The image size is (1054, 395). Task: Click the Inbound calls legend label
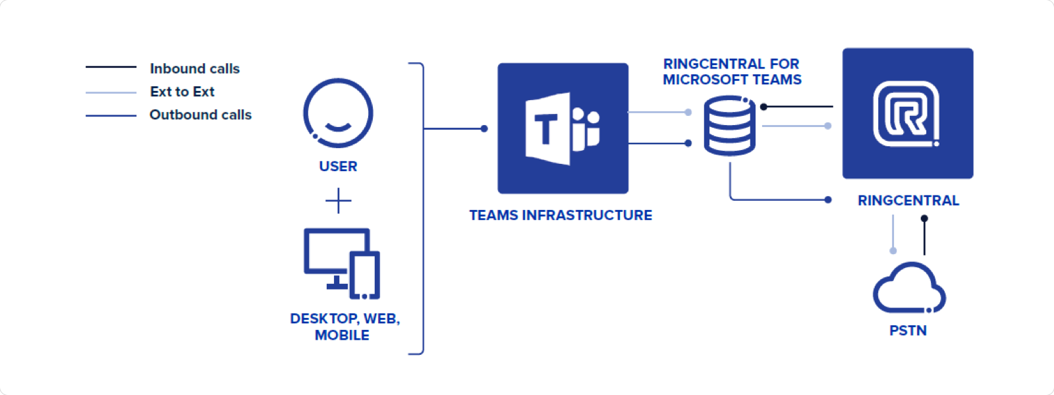point(194,68)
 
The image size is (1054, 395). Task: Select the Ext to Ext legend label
point(182,92)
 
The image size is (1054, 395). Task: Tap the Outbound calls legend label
point(200,115)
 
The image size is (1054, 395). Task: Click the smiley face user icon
point(338,113)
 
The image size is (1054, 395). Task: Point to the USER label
point(338,167)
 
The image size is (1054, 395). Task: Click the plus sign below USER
point(338,201)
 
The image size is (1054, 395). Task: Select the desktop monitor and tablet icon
point(341,263)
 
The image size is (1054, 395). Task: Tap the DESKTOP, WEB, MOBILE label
point(344,327)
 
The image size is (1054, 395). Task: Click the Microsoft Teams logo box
point(563,128)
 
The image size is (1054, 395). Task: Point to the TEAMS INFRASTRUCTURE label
point(561,215)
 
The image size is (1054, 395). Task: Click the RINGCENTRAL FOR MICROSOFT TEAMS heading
point(732,72)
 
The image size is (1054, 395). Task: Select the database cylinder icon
point(730,126)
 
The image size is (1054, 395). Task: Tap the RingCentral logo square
point(907,113)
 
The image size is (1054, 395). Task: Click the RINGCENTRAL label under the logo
point(908,201)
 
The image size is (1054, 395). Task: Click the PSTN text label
point(908,330)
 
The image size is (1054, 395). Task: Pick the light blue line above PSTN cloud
point(893,234)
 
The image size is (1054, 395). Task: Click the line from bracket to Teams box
point(455,128)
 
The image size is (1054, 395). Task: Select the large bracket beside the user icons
point(422,208)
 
